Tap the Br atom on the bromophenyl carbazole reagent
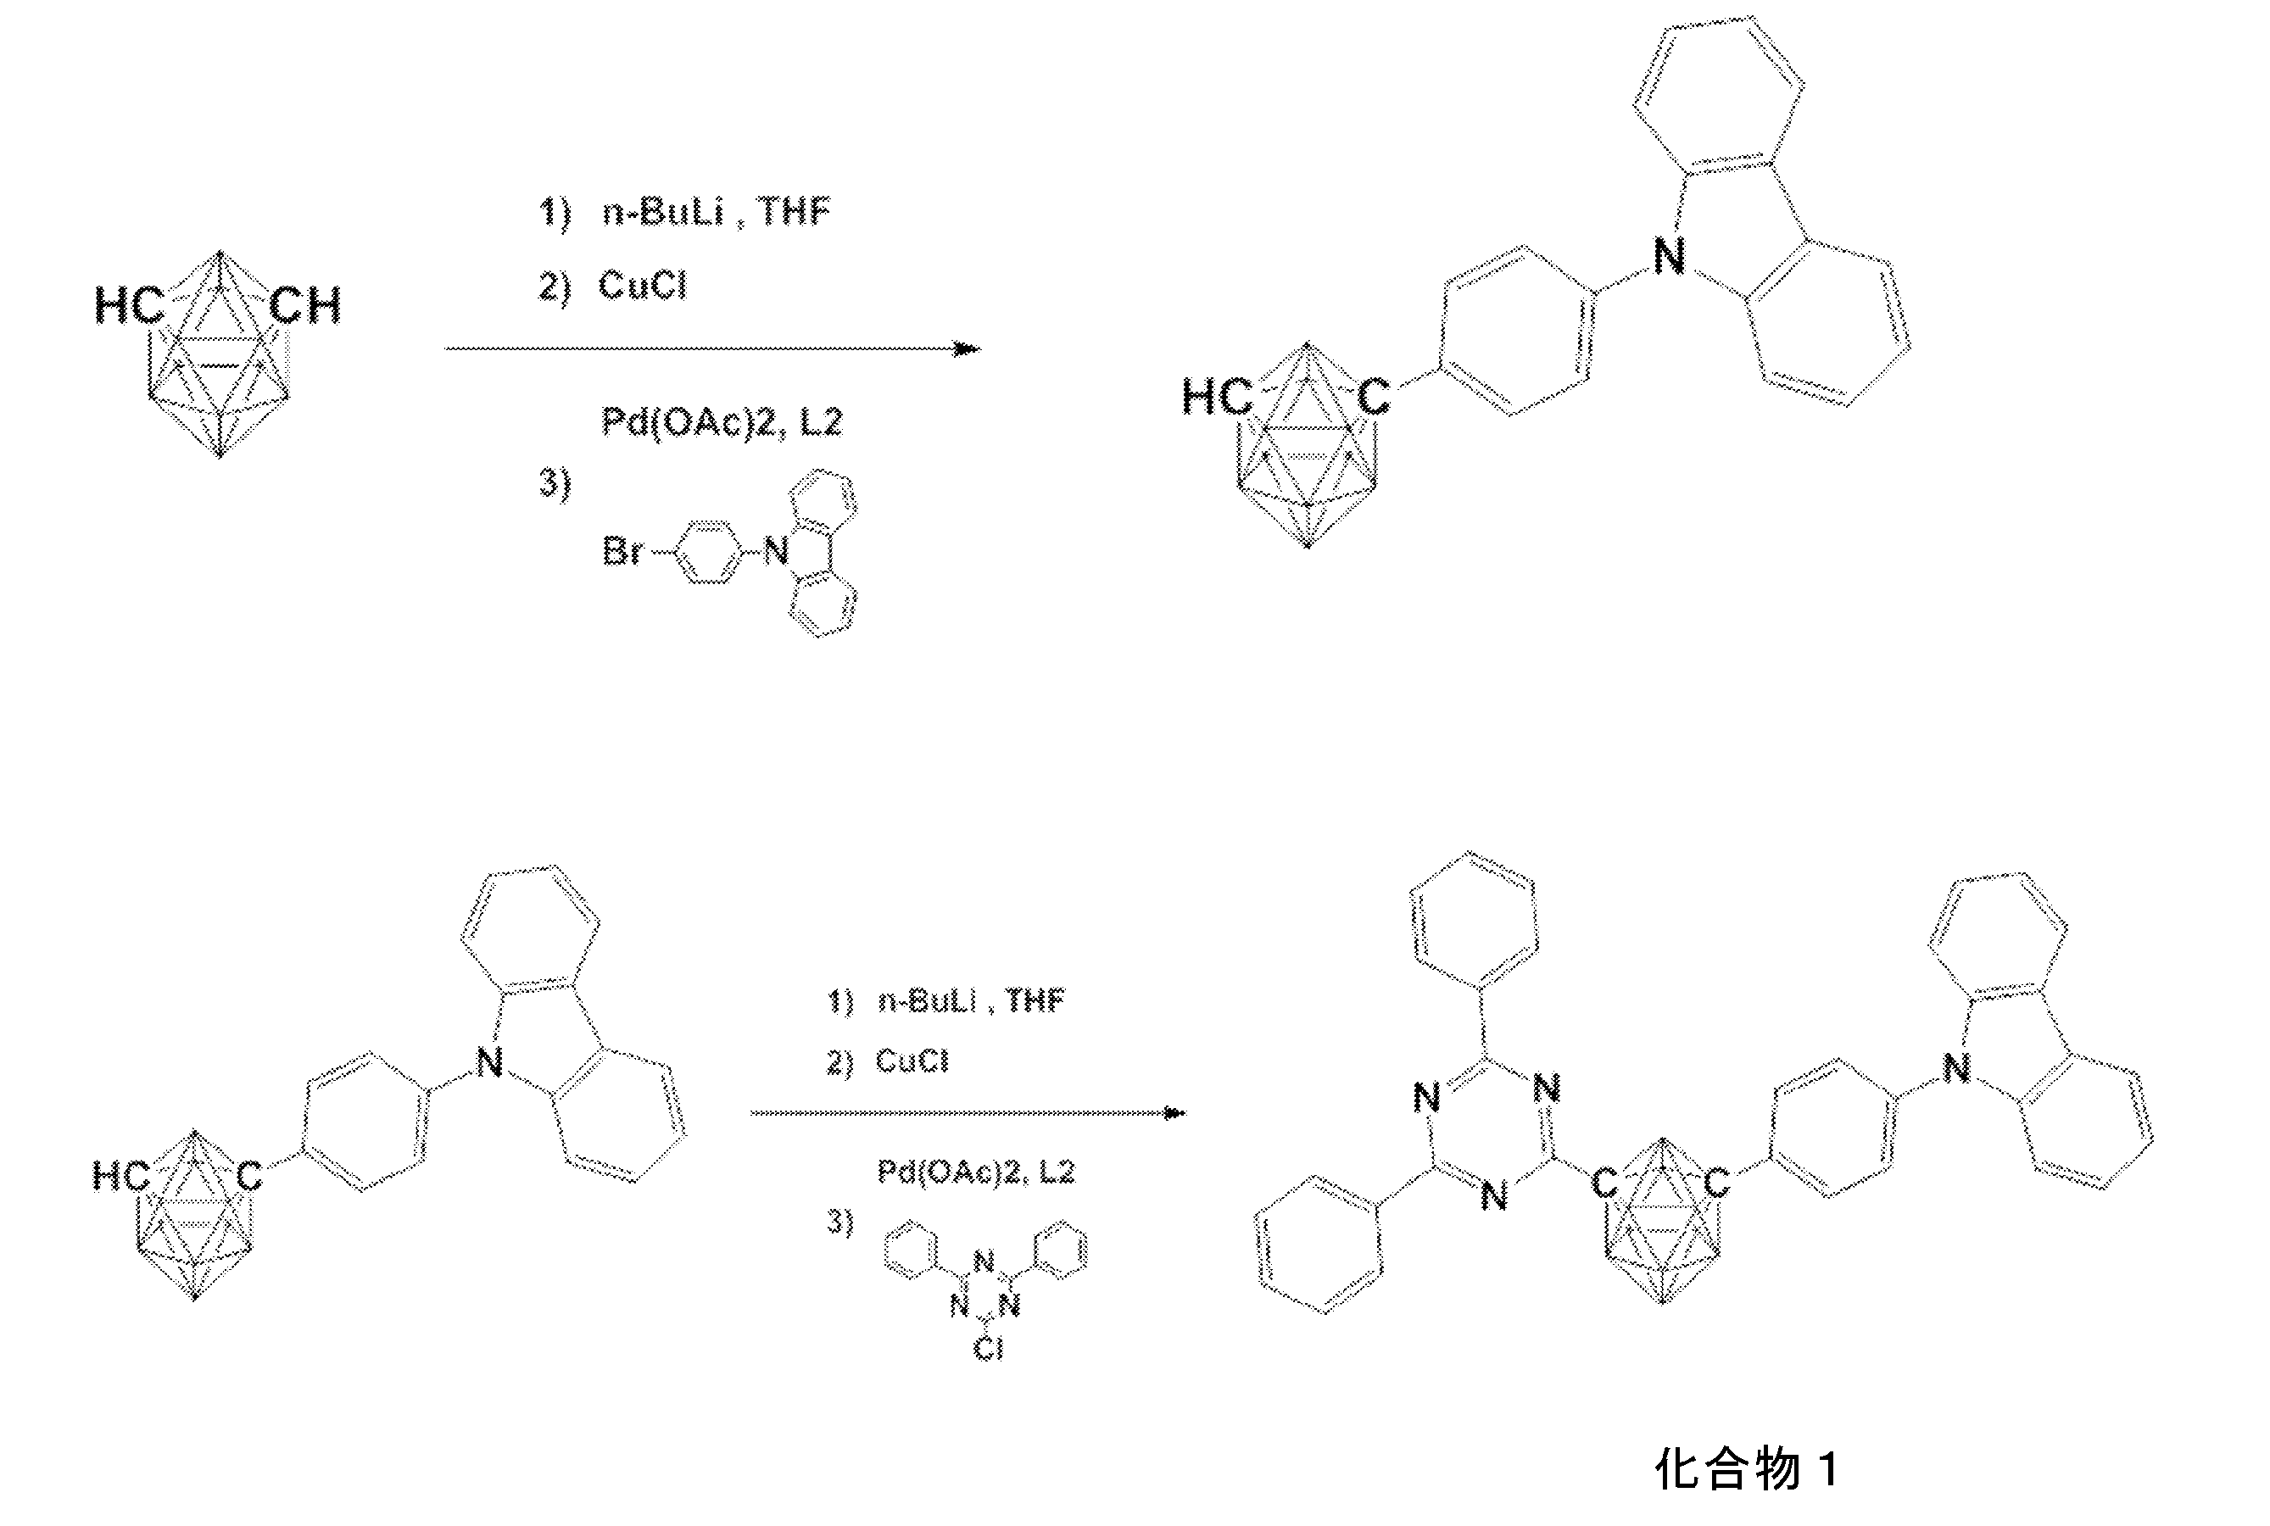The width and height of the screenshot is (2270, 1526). tap(623, 552)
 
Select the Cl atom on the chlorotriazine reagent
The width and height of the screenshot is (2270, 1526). tap(987, 1348)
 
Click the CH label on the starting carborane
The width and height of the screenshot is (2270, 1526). tap(304, 305)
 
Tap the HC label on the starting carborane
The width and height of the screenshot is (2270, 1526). tap(130, 305)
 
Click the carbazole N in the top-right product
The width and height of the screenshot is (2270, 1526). tap(1670, 257)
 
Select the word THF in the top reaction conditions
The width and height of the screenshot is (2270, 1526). tap(794, 210)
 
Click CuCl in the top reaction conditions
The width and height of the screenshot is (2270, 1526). tap(643, 285)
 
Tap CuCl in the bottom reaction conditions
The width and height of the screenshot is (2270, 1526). tap(911, 1061)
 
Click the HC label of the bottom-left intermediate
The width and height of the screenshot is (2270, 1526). tap(120, 1176)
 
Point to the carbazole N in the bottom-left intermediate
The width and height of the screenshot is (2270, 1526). tap(489, 1061)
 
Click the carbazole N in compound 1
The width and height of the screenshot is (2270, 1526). tap(1955, 1068)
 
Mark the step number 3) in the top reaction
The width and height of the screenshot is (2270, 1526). tap(555, 484)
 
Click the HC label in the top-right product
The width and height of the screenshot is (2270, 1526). tap(1217, 397)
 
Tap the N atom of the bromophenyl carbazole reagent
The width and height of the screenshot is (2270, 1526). tap(776, 552)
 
